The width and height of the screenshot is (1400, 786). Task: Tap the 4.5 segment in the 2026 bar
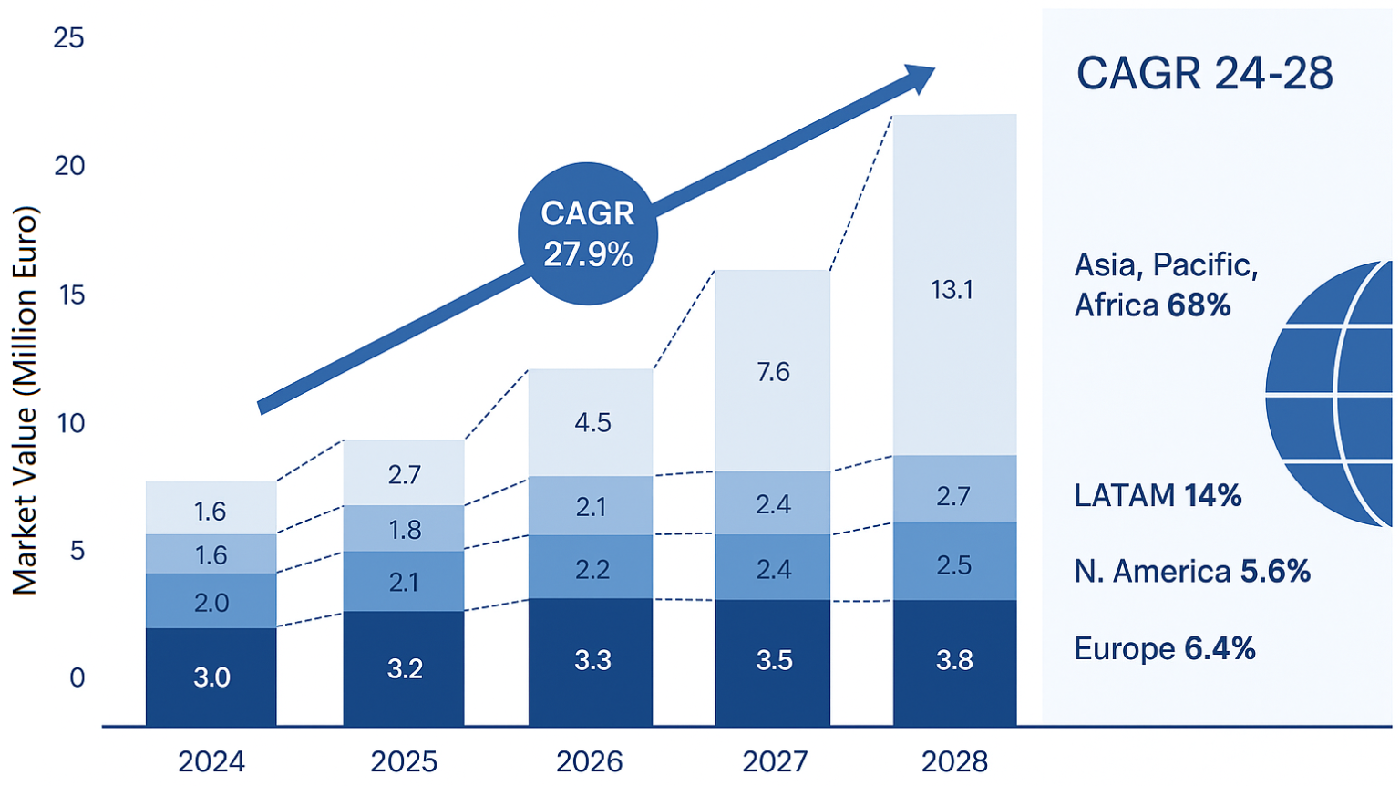click(591, 422)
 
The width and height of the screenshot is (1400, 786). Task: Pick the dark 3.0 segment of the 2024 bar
click(211, 677)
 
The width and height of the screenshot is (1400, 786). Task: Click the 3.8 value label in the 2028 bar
click(954, 660)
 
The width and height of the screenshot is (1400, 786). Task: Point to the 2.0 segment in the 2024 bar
click(211, 601)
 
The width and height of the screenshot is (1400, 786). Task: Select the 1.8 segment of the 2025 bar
click(404, 529)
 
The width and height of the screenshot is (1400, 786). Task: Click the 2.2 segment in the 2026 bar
click(591, 568)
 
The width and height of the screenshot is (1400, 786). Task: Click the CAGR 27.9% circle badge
click(588, 233)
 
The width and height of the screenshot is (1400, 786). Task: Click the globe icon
click(1332, 394)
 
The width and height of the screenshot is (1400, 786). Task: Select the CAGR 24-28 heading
click(1204, 73)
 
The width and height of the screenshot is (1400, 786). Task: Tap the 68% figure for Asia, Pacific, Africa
click(1199, 305)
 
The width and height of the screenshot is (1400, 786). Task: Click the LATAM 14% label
click(1158, 495)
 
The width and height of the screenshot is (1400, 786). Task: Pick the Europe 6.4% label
click(1164, 648)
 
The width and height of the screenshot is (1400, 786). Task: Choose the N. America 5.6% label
click(1191, 572)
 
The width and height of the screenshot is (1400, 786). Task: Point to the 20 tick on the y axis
click(69, 166)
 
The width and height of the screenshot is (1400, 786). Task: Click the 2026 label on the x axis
click(590, 761)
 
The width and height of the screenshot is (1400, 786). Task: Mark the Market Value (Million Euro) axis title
click(26, 401)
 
